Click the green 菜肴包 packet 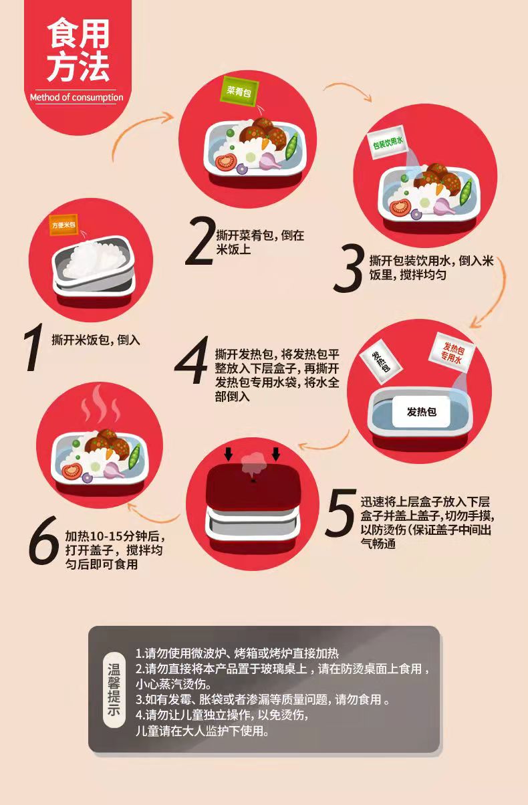pos(239,90)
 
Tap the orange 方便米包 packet pos(64,225)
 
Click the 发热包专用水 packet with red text pos(452,352)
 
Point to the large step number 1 pos(33,347)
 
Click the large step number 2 pos(200,241)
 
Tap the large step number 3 pos(348,267)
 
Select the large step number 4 pos(192,360)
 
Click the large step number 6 pos(44,540)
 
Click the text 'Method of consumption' pos(76,98)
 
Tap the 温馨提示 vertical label pos(114,689)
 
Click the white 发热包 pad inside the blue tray pos(421,411)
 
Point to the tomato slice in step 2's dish pos(226,162)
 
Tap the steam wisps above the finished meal pos(100,405)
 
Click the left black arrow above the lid pos(228,454)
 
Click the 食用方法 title pos(78,49)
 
